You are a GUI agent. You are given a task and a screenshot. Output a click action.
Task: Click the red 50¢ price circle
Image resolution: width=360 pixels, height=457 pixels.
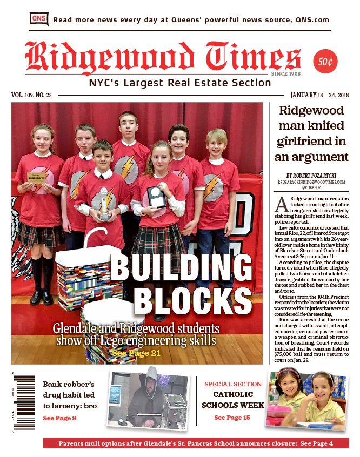click(325, 62)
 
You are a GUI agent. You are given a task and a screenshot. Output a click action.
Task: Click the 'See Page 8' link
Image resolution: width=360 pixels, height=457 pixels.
click(59, 418)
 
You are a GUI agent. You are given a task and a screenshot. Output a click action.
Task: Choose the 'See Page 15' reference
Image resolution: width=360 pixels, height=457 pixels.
click(232, 418)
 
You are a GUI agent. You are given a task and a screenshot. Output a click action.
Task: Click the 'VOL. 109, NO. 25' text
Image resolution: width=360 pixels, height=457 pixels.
click(31, 95)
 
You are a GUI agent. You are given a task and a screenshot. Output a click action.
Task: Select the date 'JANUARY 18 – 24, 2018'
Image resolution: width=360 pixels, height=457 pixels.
click(319, 95)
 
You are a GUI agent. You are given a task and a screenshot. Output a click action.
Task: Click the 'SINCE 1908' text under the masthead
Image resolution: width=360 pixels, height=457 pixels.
click(285, 73)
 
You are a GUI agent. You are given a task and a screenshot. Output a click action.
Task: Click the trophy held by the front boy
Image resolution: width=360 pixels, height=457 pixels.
click(105, 208)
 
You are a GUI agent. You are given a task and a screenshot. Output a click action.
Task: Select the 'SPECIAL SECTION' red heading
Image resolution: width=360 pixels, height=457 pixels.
click(232, 384)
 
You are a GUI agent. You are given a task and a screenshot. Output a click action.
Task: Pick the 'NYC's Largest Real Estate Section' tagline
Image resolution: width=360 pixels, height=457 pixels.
click(180, 83)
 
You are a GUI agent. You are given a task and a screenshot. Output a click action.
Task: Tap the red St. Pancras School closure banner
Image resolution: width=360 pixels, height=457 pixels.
click(196, 443)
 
